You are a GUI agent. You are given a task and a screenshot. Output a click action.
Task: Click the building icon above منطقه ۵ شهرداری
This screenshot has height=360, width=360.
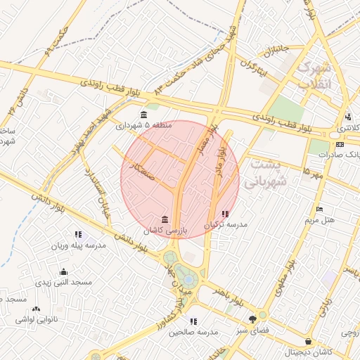click(x=143, y=115)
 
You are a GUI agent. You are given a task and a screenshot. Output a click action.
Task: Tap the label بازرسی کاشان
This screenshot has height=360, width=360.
click(x=164, y=231)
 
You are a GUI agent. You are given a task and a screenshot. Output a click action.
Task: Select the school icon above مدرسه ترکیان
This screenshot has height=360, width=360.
click(x=225, y=214)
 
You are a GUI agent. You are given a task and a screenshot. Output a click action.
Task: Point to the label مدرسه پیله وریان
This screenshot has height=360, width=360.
click(x=77, y=246)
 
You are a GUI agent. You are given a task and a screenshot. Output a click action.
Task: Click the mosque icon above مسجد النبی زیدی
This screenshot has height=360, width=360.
click(x=64, y=271)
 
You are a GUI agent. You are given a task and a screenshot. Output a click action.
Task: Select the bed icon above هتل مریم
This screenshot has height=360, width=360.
click(x=319, y=210)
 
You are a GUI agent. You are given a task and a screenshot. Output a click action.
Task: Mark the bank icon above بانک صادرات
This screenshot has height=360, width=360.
click(x=340, y=144)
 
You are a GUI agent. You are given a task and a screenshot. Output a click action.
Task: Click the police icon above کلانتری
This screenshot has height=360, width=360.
click(x=347, y=117)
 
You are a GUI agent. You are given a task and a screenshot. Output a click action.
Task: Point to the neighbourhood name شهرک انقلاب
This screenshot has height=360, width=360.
click(x=314, y=75)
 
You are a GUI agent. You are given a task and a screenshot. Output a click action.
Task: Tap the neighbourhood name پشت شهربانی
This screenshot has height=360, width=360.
click(x=264, y=172)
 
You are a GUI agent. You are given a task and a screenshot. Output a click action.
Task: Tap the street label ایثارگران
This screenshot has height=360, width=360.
click(x=253, y=67)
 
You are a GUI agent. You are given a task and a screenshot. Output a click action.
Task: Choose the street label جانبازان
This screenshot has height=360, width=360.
click(x=276, y=51)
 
